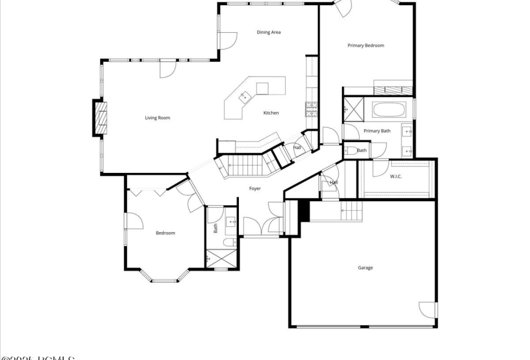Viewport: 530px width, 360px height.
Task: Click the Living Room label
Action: click(157, 118)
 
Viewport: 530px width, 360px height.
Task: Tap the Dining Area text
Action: click(269, 32)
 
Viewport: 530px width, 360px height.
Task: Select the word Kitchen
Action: click(271, 113)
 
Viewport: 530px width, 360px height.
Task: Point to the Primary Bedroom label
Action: click(366, 46)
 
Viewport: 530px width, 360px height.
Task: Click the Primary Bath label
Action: click(376, 131)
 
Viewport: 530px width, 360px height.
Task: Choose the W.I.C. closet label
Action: click(396, 176)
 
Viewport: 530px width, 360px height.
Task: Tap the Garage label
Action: click(365, 267)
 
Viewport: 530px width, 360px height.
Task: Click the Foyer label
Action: click(255, 188)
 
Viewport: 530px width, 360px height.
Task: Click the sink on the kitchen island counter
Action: click(245, 97)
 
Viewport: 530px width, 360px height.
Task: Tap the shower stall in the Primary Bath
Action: click(354, 108)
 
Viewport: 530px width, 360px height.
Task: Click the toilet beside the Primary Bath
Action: click(350, 151)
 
